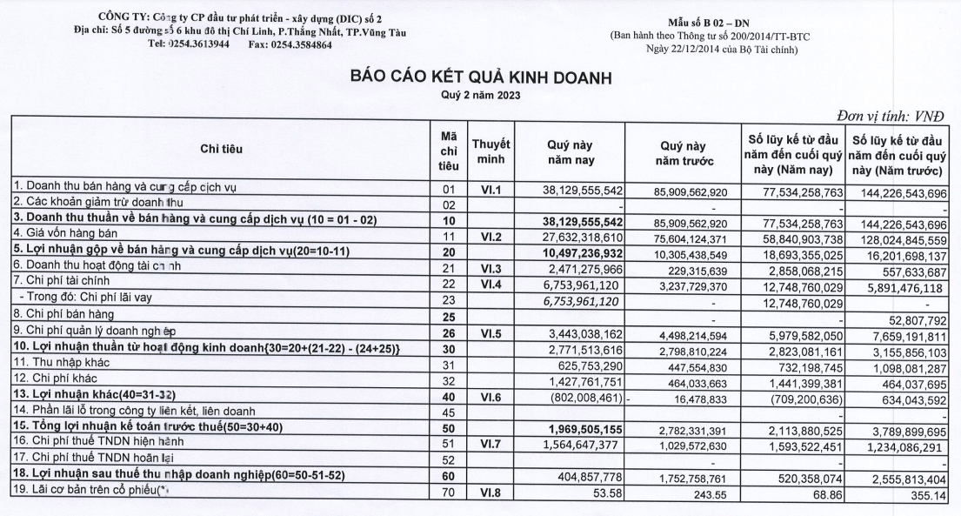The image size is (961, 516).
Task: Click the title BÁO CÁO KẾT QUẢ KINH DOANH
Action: tap(480, 77)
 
